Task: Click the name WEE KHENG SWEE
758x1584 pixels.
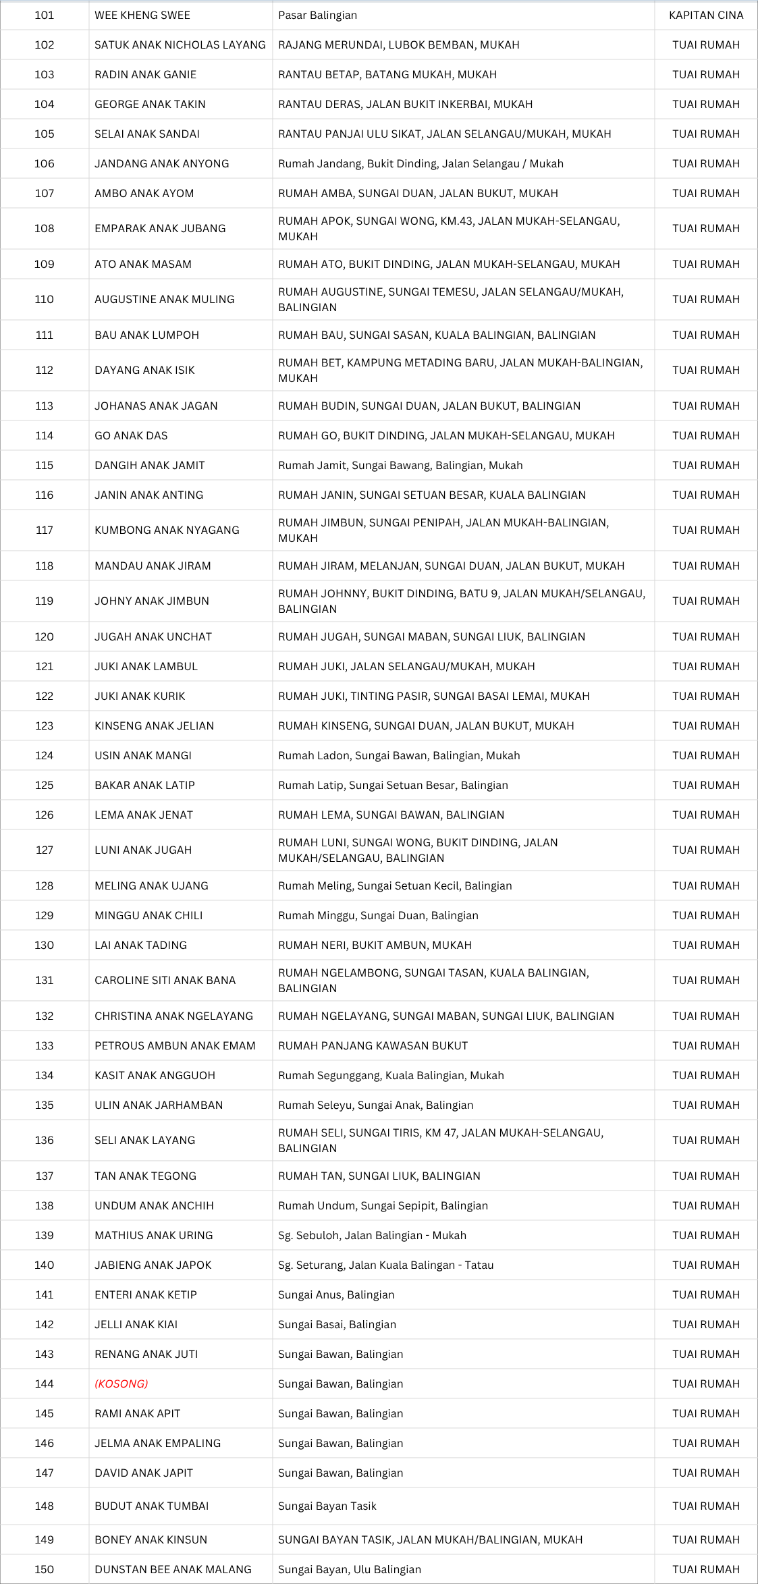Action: (x=142, y=15)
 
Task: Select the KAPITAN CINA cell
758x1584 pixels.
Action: (x=705, y=15)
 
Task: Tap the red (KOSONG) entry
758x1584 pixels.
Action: (x=121, y=1384)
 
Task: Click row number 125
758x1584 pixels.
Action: (x=45, y=785)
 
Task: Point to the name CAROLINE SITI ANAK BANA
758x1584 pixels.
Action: (x=165, y=980)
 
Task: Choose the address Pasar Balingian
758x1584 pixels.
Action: (x=318, y=15)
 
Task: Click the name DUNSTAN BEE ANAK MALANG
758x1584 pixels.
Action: (x=173, y=1569)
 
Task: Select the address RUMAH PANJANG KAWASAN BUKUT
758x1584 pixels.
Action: (x=373, y=1045)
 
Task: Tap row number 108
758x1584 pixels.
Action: (x=45, y=228)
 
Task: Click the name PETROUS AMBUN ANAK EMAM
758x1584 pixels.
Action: (x=175, y=1045)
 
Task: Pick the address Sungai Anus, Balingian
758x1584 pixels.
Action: (x=336, y=1294)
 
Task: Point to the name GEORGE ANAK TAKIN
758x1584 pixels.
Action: (x=150, y=104)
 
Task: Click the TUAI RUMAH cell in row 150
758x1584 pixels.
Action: (x=705, y=1569)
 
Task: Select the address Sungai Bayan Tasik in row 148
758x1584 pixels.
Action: (x=327, y=1506)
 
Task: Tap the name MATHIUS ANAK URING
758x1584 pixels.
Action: (x=154, y=1235)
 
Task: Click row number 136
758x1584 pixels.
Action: (x=45, y=1140)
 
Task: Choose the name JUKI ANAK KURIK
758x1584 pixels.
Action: (x=140, y=696)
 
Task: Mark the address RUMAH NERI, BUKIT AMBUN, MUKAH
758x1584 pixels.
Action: (x=375, y=945)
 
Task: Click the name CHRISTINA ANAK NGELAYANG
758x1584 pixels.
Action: (x=173, y=1016)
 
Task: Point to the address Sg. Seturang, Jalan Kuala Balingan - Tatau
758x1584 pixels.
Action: (x=386, y=1265)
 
